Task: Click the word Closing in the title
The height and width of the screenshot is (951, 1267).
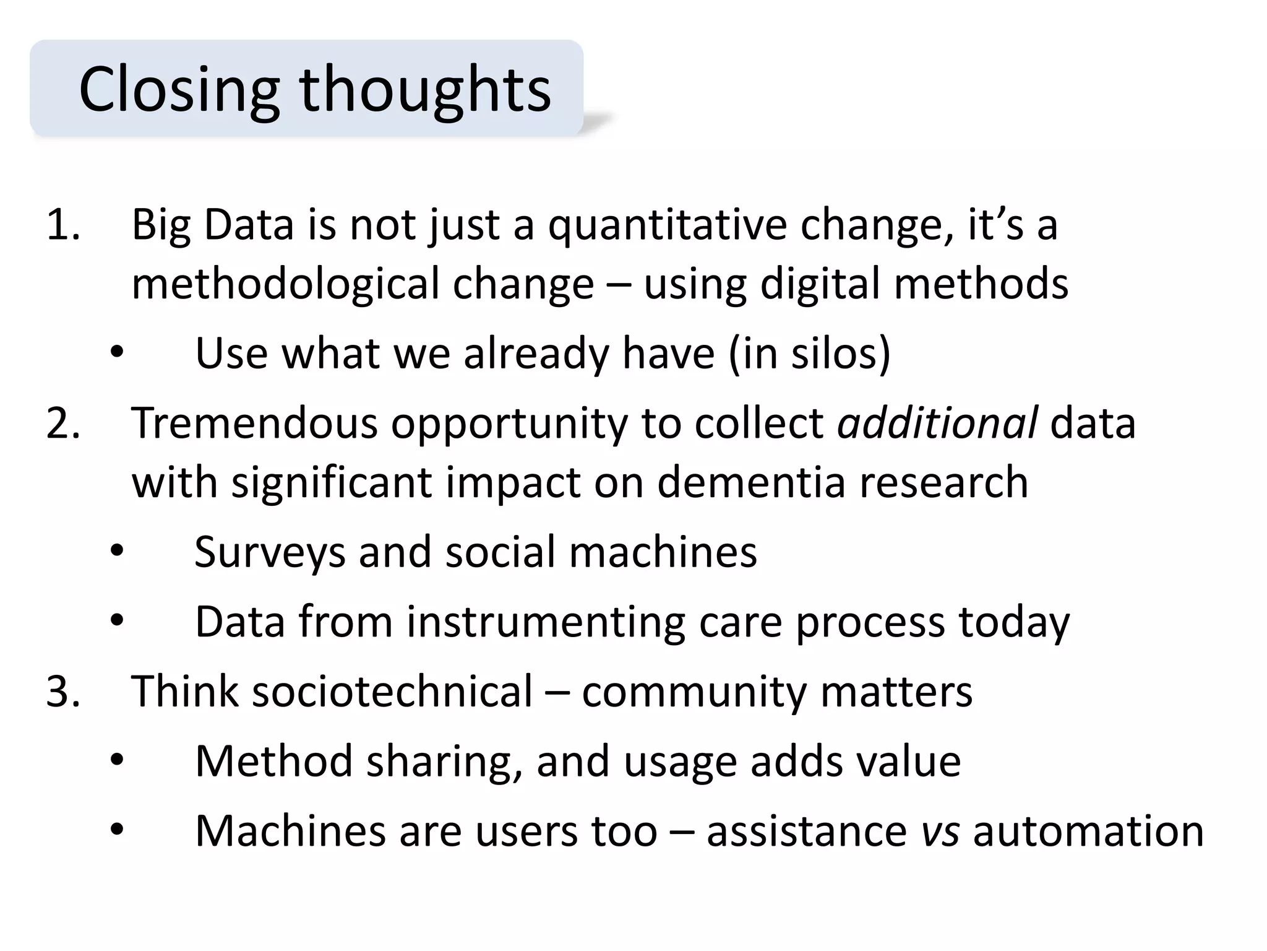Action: [179, 90]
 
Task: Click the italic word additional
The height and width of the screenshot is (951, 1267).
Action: [937, 423]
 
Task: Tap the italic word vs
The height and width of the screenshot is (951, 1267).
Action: [940, 832]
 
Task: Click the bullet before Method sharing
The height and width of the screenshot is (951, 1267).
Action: [117, 761]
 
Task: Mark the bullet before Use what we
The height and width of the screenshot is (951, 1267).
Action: [117, 354]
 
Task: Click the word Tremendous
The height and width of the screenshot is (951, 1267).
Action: [254, 423]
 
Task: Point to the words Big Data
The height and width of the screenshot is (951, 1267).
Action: [212, 225]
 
